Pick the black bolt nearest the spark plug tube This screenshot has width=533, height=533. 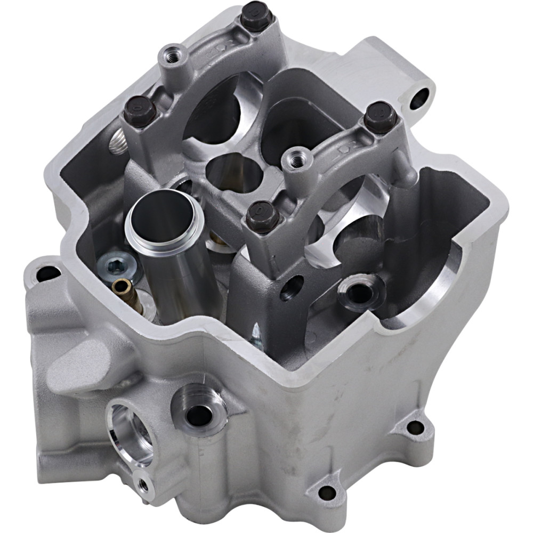pyautogui.click(x=262, y=216)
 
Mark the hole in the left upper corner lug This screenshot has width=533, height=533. pyautogui.click(x=48, y=274)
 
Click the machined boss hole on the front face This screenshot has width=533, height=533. pyautogui.click(x=200, y=413)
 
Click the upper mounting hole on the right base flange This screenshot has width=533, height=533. pyautogui.click(x=415, y=426)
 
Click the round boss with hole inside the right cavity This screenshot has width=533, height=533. pyautogui.click(x=360, y=292)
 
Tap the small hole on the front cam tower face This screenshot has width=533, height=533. pyautogui.click(x=292, y=287)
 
